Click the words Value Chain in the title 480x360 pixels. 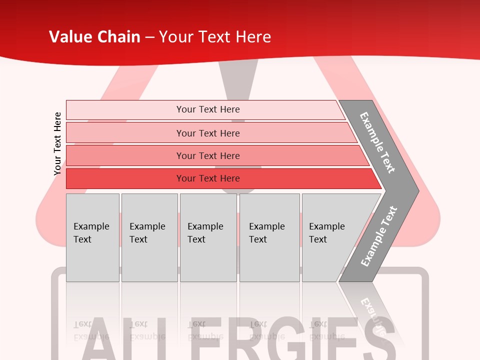(94, 37)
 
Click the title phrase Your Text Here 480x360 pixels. (215, 37)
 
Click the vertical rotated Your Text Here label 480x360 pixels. (57, 143)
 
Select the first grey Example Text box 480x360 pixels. (92, 237)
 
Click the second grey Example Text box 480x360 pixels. (149, 237)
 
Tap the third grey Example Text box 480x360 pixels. (208, 237)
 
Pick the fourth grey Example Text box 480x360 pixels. (269, 237)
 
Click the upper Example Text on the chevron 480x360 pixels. (377, 142)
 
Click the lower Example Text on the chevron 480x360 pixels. (378, 236)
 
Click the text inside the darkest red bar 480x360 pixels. (208, 178)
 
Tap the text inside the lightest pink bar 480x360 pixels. (208, 109)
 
